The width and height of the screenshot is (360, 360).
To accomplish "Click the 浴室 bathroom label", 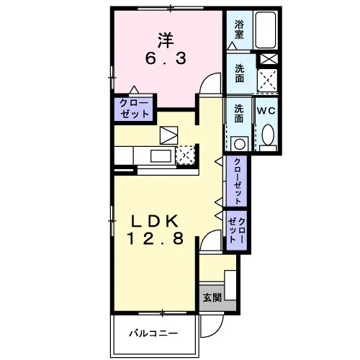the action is pyautogui.click(x=239, y=30).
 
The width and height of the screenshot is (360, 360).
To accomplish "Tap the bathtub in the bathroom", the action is pyautogui.click(x=265, y=30).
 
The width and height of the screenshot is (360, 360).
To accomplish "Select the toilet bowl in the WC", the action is pyautogui.click(x=268, y=135).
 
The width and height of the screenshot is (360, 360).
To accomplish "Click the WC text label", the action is pyautogui.click(x=266, y=111).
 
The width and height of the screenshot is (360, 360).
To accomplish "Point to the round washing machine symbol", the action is pyautogui.click(x=240, y=144).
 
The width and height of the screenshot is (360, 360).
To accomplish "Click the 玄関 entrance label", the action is pyautogui.click(x=212, y=297).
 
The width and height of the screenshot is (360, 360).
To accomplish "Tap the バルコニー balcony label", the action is pyautogui.click(x=153, y=333).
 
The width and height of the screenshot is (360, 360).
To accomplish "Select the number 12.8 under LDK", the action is pyautogui.click(x=156, y=238).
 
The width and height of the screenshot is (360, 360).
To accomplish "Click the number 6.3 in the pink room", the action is pyautogui.click(x=166, y=58).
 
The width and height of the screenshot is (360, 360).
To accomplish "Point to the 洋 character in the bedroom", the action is pyautogui.click(x=166, y=40).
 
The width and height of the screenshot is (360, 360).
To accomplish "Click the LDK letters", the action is pyautogui.click(x=155, y=221).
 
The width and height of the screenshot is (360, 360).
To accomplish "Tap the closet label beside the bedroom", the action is pyautogui.click(x=134, y=109).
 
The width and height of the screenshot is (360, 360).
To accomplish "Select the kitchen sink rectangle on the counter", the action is pyautogui.click(x=161, y=156).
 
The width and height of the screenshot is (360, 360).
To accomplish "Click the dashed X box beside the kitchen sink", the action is pyautogui.click(x=185, y=155).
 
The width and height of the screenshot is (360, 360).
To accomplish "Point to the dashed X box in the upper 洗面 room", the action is pyautogui.click(x=267, y=80).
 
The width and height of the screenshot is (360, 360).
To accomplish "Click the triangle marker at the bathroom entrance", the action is pyautogui.click(x=232, y=46).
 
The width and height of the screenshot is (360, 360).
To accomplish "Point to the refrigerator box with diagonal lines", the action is pyautogui.click(x=168, y=135).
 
